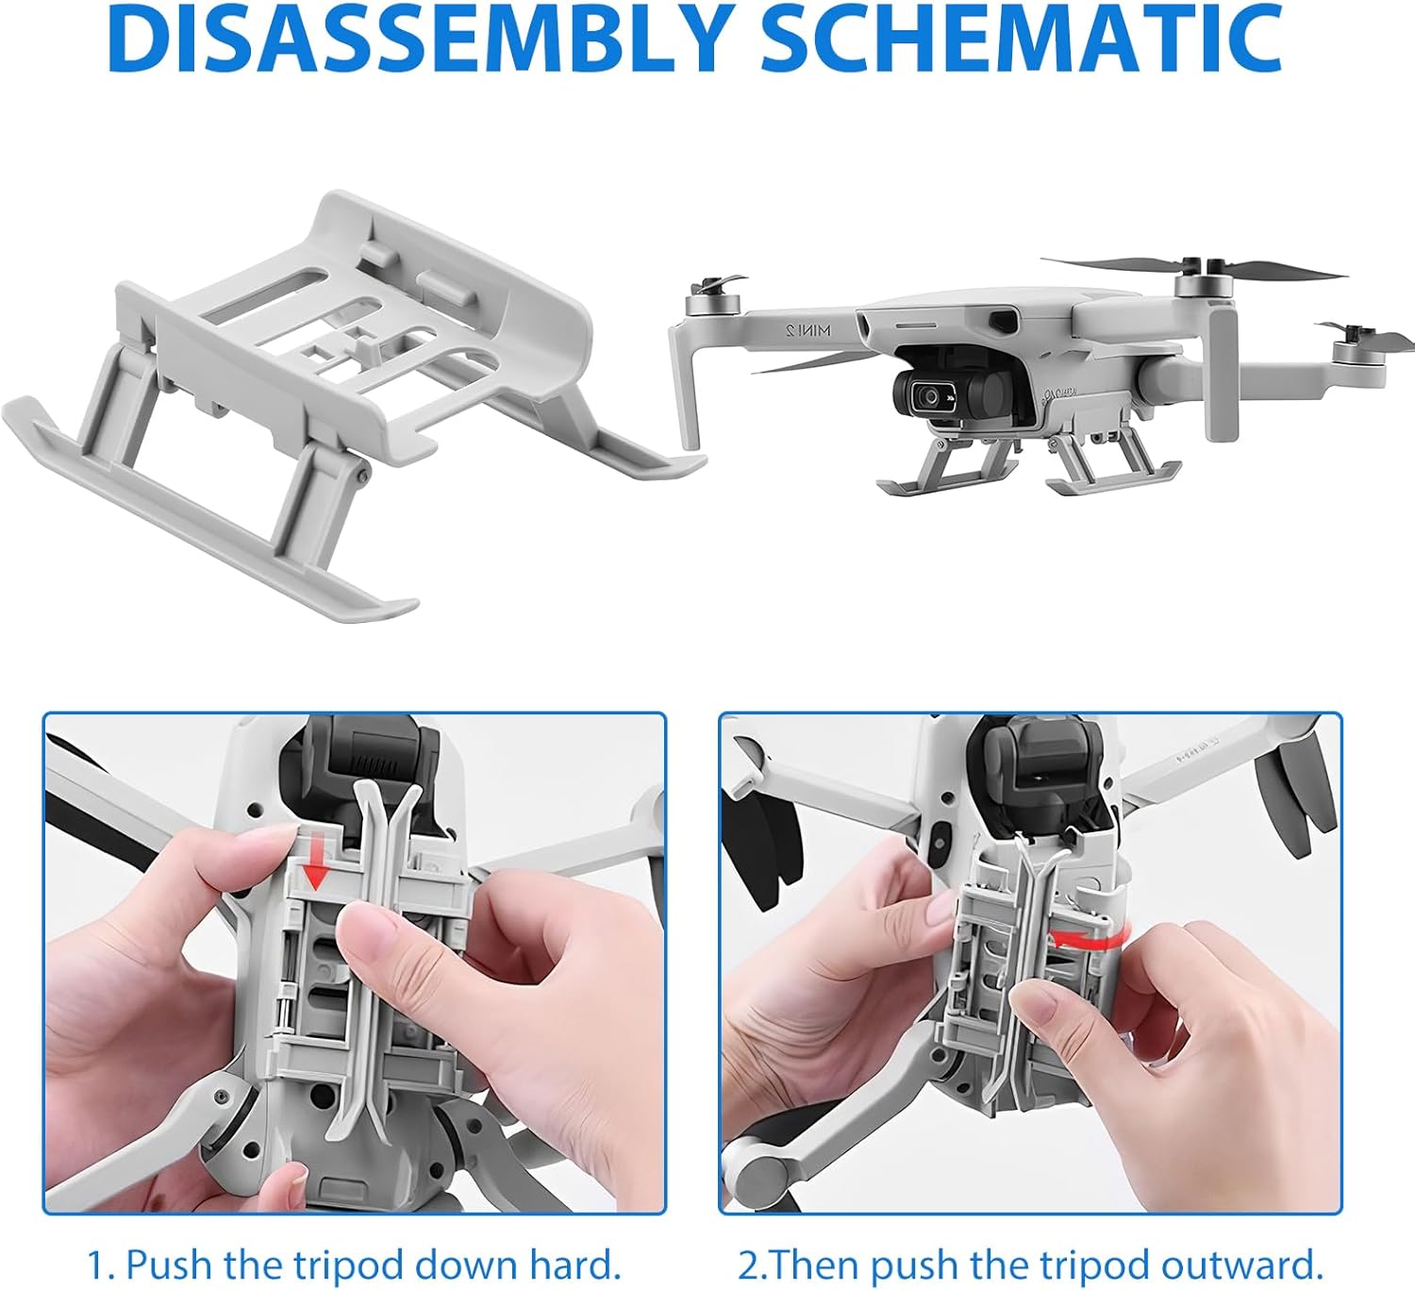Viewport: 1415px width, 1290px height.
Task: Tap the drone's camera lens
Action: pyautogui.click(x=930, y=396)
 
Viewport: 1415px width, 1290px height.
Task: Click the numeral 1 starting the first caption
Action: pyautogui.click(x=97, y=1246)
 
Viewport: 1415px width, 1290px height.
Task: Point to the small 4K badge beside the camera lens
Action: pyautogui.click(x=951, y=400)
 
